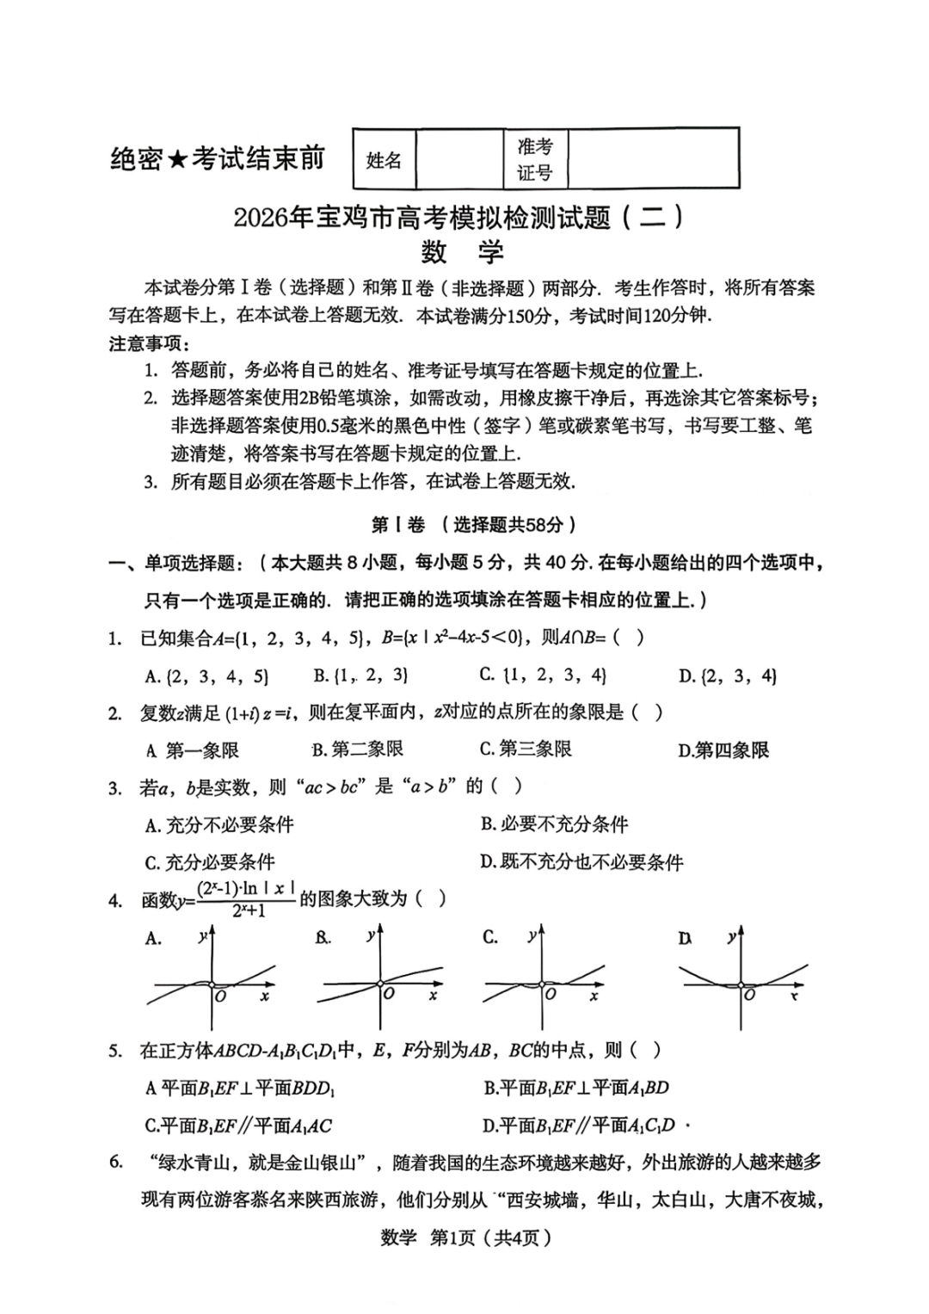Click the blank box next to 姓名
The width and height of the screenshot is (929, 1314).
(x=459, y=159)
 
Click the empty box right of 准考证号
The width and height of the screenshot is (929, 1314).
(x=653, y=158)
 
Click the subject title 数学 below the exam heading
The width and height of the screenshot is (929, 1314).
(x=462, y=252)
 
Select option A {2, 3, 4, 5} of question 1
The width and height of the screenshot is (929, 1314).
(x=206, y=676)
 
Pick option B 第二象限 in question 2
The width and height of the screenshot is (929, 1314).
(x=358, y=750)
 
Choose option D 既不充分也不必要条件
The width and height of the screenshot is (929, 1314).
(x=581, y=861)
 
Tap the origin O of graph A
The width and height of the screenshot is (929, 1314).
(x=220, y=996)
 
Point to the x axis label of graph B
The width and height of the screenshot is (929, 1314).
(x=433, y=996)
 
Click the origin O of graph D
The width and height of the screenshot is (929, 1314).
(x=749, y=995)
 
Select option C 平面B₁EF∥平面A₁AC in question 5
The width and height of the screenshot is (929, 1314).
(x=238, y=1126)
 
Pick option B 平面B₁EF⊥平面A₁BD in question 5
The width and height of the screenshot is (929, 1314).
(x=575, y=1088)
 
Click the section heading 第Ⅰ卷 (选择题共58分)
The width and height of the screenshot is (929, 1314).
(x=473, y=524)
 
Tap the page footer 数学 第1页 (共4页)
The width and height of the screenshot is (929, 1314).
(x=465, y=1237)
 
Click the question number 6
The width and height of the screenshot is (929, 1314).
(x=116, y=1162)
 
